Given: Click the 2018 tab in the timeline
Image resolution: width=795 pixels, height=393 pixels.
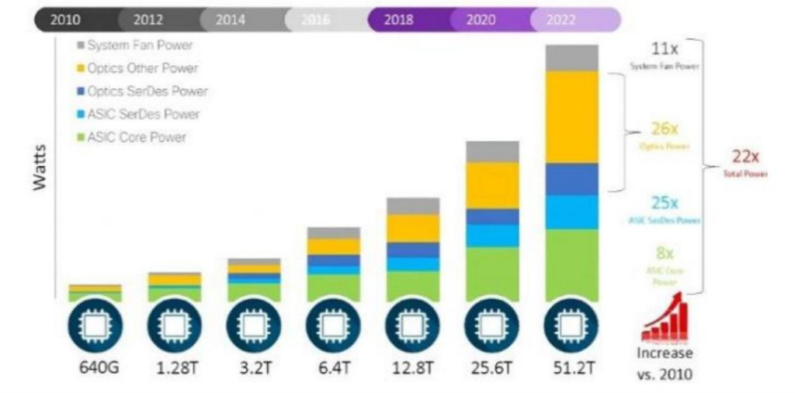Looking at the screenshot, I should tap(397, 20).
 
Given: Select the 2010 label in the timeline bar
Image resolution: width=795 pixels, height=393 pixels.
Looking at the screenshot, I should tap(65, 20).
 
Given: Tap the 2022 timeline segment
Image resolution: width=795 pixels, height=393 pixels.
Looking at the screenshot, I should tap(561, 20).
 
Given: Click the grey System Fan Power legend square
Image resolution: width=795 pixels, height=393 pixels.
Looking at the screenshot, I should tap(80, 46).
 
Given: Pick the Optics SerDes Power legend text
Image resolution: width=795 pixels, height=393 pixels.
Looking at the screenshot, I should tap(148, 91).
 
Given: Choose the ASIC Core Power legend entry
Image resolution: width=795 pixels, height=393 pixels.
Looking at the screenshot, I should tap(137, 137).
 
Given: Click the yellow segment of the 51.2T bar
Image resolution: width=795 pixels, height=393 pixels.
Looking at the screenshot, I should tap(571, 116).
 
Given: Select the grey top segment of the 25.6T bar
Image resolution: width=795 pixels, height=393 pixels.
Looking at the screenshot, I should tap(492, 151).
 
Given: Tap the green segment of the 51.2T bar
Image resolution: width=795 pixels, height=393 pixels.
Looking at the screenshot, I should tap(571, 264).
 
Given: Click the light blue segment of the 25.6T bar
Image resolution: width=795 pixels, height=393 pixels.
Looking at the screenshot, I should tap(492, 236).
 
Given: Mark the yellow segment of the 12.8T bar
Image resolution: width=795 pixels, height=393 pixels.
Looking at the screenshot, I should tap(413, 228).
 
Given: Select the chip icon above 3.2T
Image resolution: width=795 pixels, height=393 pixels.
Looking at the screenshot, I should tap(253, 326).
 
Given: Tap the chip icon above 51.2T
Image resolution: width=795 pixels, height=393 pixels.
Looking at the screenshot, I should tap(571, 326).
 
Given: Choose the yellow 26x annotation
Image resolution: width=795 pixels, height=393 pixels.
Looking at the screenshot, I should tap(665, 129).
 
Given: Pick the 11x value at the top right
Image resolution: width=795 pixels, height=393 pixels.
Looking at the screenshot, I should tap(665, 50).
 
